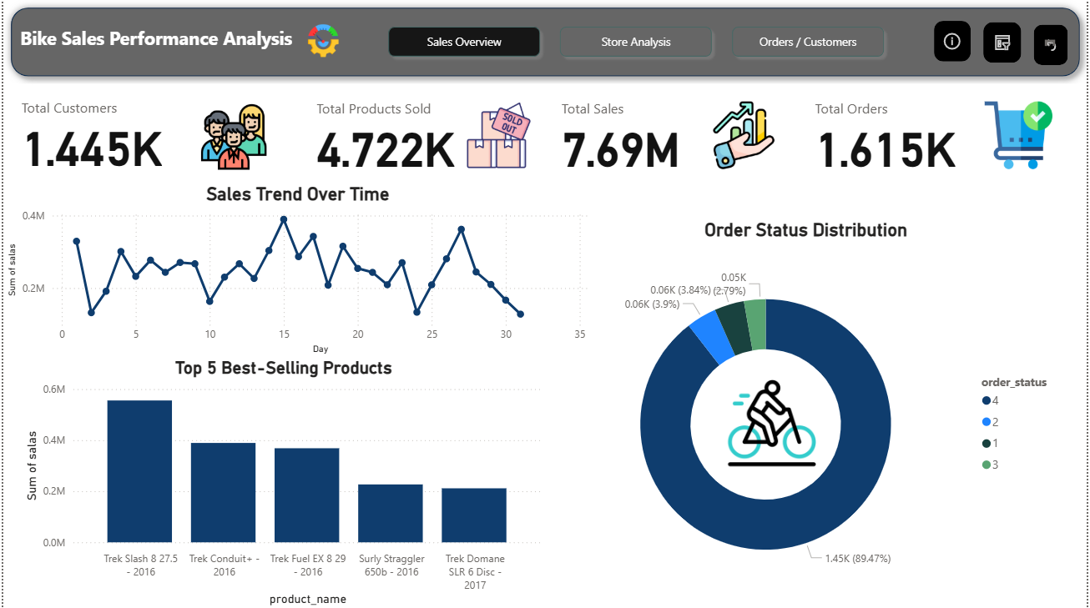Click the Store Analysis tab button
click(x=635, y=42)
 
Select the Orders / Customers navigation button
click(x=807, y=42)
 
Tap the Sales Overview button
click(x=464, y=42)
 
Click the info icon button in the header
click(x=951, y=41)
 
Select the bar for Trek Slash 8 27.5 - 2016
click(x=139, y=471)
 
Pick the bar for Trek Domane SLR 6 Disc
click(x=474, y=515)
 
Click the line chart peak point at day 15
click(x=284, y=219)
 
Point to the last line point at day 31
click(x=520, y=314)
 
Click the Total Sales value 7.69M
click(x=620, y=151)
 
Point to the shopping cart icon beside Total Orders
click(x=1017, y=134)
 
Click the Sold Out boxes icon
click(x=497, y=136)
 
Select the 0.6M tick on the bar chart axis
click(x=53, y=389)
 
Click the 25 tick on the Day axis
click(x=431, y=334)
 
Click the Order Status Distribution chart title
click(x=805, y=230)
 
